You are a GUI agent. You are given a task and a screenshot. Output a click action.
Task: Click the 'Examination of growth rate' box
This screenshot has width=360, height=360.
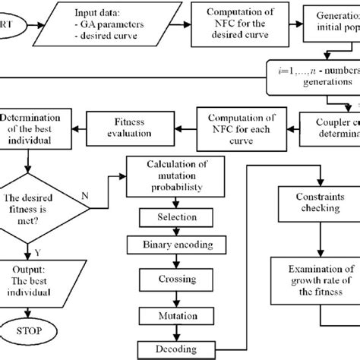coord(314,281)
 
